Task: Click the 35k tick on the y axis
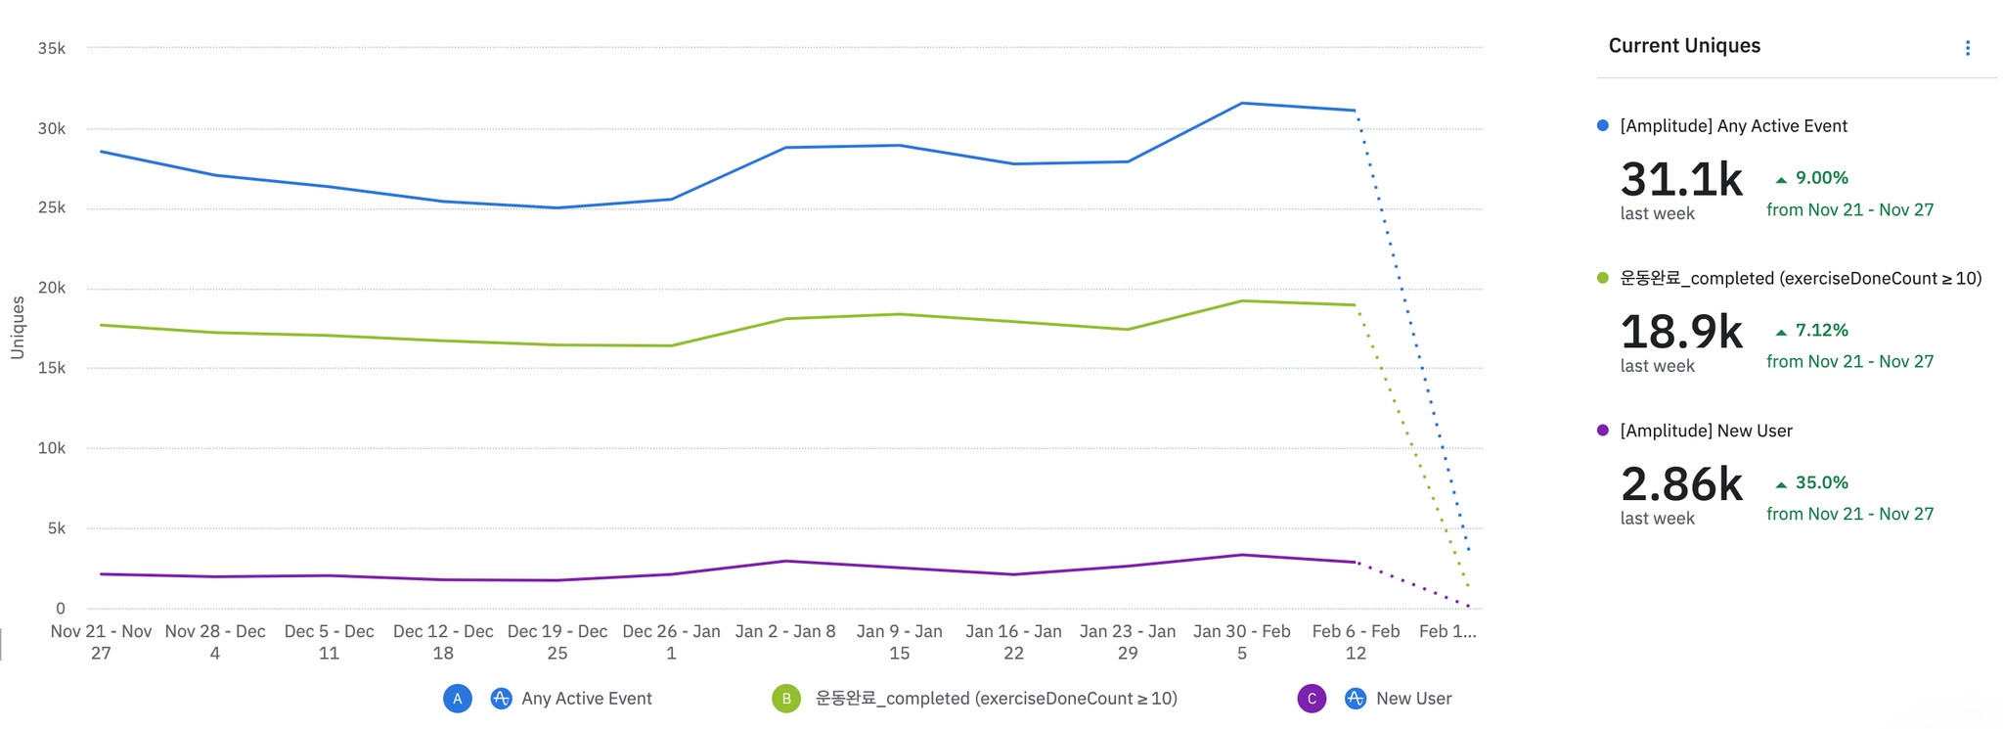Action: [x=51, y=48]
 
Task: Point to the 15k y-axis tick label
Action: [x=51, y=368]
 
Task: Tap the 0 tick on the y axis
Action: [x=61, y=609]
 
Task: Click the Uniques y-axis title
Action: [x=18, y=328]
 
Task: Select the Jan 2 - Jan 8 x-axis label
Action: [x=785, y=632]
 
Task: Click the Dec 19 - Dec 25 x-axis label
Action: [x=557, y=642]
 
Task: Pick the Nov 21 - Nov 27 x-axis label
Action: [x=101, y=642]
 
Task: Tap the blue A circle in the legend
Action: [x=458, y=699]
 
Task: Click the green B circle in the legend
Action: [x=786, y=699]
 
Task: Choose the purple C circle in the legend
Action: [x=1312, y=699]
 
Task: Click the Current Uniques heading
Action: [x=1684, y=46]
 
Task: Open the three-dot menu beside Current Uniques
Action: [x=1968, y=48]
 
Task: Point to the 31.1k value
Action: [x=1681, y=180]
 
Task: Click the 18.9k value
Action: [x=1681, y=333]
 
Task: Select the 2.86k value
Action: [x=1681, y=484]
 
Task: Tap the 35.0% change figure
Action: [x=1821, y=482]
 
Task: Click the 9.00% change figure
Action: [x=1821, y=178]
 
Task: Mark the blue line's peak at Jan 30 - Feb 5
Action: [x=1242, y=103]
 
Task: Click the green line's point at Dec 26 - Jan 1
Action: [x=671, y=345]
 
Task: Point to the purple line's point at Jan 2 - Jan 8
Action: [x=785, y=561]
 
